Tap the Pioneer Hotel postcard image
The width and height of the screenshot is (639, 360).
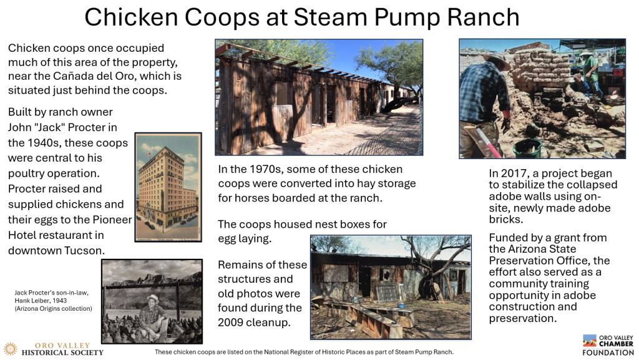coord(168,187)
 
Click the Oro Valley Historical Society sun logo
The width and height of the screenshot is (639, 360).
coord(10,349)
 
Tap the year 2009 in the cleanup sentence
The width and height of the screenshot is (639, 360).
coord(233,323)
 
